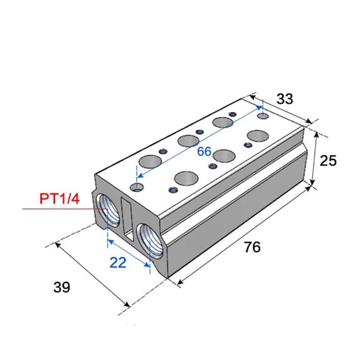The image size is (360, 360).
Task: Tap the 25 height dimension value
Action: coord(329,161)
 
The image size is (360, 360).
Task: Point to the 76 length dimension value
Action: coord(252,247)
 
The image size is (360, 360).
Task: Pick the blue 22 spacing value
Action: coord(118,262)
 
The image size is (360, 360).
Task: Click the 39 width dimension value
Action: coord(62,287)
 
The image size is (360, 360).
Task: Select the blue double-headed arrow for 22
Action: coord(129,254)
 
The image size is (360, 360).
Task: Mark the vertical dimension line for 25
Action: coord(315,160)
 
